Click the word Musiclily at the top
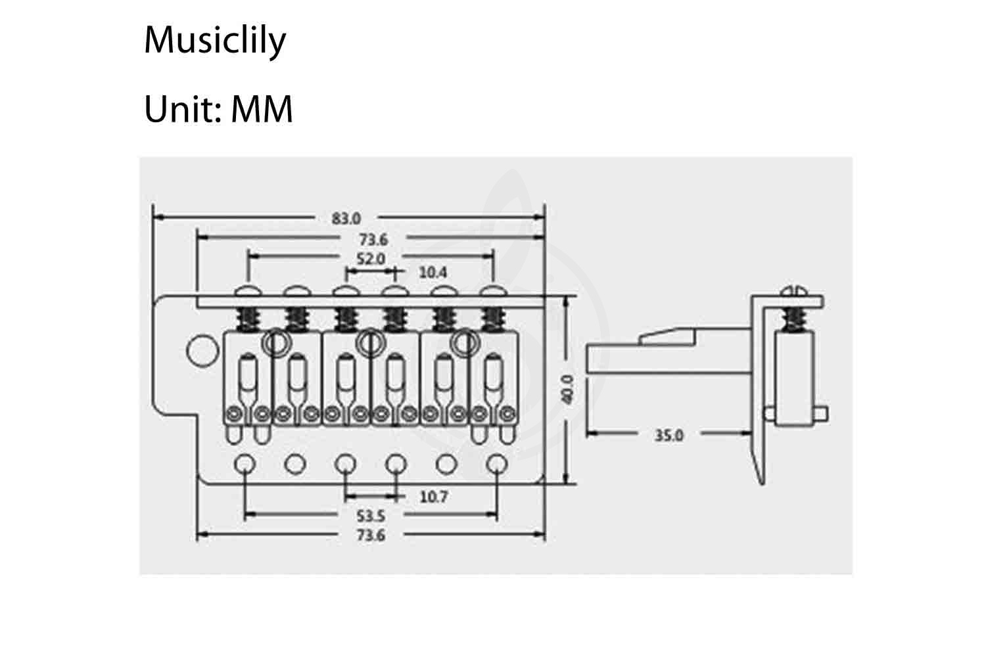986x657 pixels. point(215,40)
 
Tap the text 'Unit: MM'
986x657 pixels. point(218,108)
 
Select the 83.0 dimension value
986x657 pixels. point(346,218)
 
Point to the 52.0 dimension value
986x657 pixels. point(371,258)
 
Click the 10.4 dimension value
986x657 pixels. point(433,273)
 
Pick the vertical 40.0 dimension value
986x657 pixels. point(567,390)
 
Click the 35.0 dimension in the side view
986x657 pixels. point(669,435)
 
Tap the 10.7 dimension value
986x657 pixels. point(434,497)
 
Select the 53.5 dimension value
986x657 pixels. point(371,515)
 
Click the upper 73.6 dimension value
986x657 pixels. point(373,239)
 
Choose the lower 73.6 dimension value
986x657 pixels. point(371,535)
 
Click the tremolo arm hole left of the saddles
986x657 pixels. point(202,351)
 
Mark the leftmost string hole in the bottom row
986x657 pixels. point(245,464)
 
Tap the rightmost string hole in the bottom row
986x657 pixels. point(498,464)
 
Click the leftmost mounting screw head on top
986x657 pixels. point(248,291)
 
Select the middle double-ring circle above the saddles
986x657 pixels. point(371,342)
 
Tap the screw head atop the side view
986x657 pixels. point(793,290)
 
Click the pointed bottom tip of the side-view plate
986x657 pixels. point(762,484)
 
